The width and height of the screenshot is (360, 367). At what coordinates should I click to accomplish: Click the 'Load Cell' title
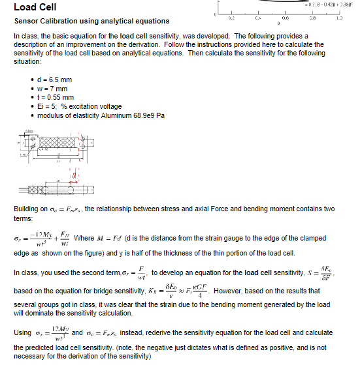click(x=35, y=7)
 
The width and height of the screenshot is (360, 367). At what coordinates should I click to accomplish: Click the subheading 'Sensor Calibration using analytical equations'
click(x=91, y=22)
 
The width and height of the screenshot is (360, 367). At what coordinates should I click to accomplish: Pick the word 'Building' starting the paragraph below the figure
click(x=26, y=208)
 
